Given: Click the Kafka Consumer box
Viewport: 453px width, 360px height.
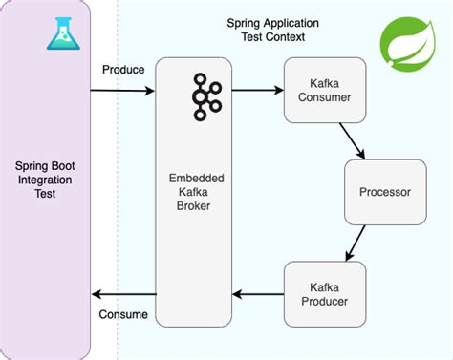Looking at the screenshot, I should (x=325, y=91).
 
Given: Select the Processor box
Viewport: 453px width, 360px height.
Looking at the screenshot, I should (x=384, y=192).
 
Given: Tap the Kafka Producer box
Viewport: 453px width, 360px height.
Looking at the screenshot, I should (x=325, y=295).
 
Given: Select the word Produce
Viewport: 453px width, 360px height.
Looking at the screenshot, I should (x=123, y=70).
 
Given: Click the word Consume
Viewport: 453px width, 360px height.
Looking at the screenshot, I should (x=124, y=314).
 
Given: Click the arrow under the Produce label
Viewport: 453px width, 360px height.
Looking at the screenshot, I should (x=122, y=91).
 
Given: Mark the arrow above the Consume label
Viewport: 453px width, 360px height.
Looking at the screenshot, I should (x=122, y=295).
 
